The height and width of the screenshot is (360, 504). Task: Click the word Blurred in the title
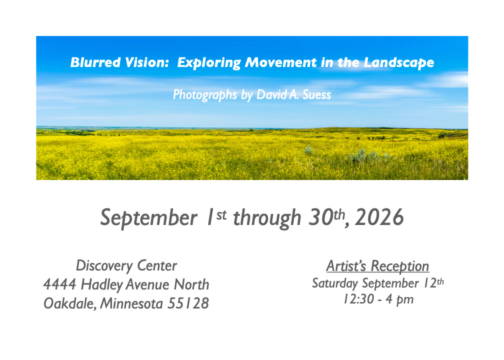tap(95, 62)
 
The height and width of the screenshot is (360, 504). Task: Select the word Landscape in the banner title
tap(399, 63)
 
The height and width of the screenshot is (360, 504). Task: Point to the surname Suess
tap(316, 94)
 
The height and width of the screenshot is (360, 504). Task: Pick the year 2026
tap(379, 217)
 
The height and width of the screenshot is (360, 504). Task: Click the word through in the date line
tap(267, 218)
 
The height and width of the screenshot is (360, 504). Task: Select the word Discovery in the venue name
tap(104, 266)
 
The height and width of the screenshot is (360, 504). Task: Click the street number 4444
tap(60, 284)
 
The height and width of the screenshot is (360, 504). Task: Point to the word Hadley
tap(102, 285)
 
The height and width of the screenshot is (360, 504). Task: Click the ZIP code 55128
tap(188, 303)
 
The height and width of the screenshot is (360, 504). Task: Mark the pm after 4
tap(404, 300)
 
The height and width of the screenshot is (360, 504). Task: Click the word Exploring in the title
tap(209, 63)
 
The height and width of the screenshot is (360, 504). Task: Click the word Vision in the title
tap(147, 62)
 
